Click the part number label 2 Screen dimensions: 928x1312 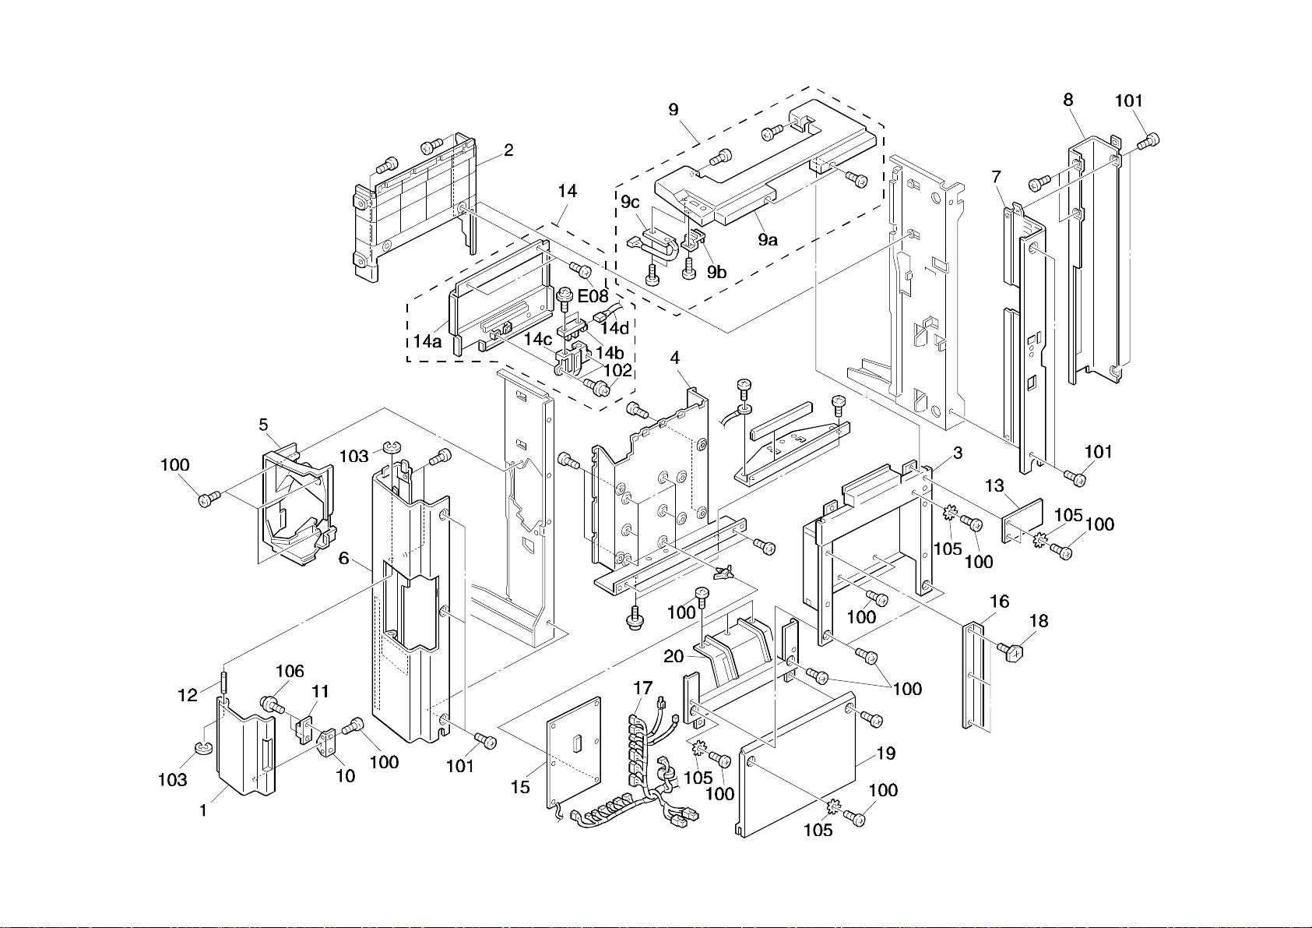508,150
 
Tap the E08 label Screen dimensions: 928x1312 593,296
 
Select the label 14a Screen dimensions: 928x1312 427,341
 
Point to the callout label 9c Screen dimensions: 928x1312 630,202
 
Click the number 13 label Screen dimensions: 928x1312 994,486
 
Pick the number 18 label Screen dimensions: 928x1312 1039,621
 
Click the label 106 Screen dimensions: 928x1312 290,672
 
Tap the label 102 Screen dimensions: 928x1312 617,371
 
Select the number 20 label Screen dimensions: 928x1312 674,657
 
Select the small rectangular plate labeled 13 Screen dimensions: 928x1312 1022,520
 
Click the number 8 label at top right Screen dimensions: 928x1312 1068,100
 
